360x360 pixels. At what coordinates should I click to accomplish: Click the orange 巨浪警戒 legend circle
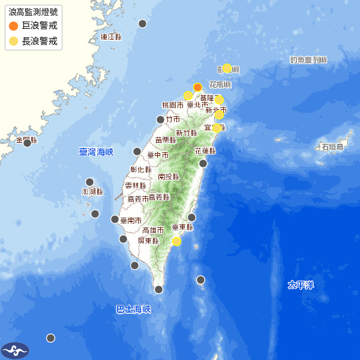[14, 26]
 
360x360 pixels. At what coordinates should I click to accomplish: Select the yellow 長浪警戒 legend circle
[14, 41]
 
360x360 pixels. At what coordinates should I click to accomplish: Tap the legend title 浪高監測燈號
[34, 11]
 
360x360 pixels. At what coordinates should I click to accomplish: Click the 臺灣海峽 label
[96, 152]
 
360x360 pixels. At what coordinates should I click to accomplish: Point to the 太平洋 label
[300, 284]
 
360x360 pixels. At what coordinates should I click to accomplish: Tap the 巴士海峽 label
[133, 310]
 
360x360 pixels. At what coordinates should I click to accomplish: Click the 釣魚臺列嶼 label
[308, 59]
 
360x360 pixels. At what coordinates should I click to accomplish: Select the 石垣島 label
[332, 146]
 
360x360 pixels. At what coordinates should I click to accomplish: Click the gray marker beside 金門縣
[27, 143]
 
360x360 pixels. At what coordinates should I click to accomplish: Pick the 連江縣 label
[111, 37]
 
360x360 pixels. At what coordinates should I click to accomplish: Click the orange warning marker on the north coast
[197, 87]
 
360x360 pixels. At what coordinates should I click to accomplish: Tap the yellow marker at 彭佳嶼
[227, 68]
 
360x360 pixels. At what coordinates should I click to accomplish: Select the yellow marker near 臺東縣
[176, 241]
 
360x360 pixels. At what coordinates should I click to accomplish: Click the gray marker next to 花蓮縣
[203, 163]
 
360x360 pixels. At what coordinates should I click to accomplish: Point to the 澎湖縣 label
[92, 191]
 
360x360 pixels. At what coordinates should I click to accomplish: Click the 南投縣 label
[169, 176]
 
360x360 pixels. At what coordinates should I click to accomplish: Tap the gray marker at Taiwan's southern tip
[158, 289]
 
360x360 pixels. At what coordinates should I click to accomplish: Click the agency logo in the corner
[15, 350]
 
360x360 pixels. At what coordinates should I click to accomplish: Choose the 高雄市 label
[153, 230]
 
